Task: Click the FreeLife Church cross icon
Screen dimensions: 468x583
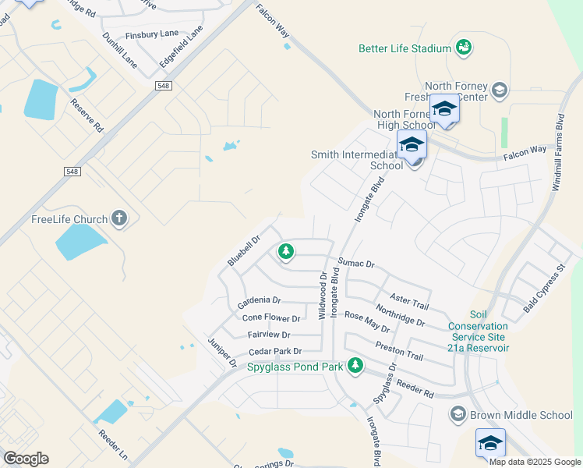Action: pos(118,218)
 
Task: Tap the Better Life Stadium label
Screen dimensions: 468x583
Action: pos(405,48)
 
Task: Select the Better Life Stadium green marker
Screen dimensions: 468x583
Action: pos(464,48)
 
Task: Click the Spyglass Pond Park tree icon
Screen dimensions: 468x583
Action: pos(355,365)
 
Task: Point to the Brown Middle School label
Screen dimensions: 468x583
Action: pos(521,415)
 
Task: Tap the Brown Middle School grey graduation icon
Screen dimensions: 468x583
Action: pos(458,414)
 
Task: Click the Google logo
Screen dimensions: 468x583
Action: pos(26,459)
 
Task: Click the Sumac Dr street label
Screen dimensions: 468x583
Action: pos(357,263)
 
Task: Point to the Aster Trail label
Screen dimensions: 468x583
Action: pos(409,300)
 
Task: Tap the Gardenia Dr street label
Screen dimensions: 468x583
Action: pos(260,300)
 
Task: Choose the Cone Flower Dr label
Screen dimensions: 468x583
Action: pos(271,318)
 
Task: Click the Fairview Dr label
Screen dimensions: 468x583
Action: pos(269,335)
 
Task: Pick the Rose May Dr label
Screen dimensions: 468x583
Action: pos(366,322)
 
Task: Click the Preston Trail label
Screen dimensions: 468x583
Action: pos(398,350)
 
